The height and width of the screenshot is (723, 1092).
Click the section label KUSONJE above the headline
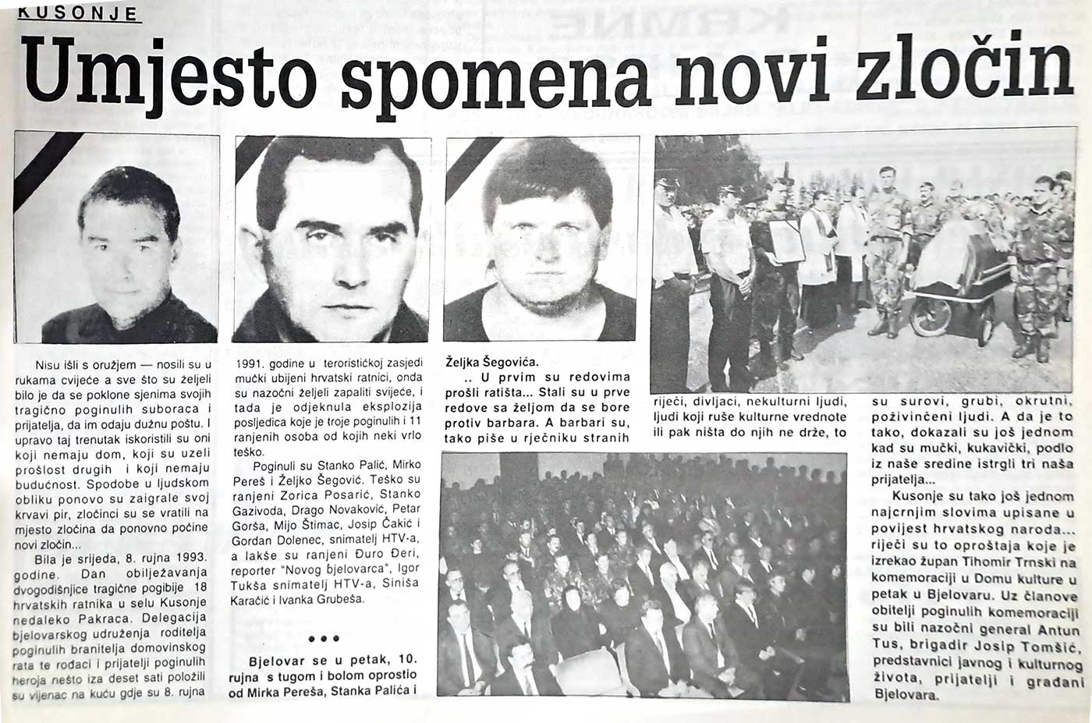[77, 13]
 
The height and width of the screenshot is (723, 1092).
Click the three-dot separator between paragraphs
[323, 638]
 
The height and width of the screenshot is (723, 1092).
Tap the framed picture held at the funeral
[786, 241]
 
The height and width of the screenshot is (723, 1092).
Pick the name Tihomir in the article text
[996, 563]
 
